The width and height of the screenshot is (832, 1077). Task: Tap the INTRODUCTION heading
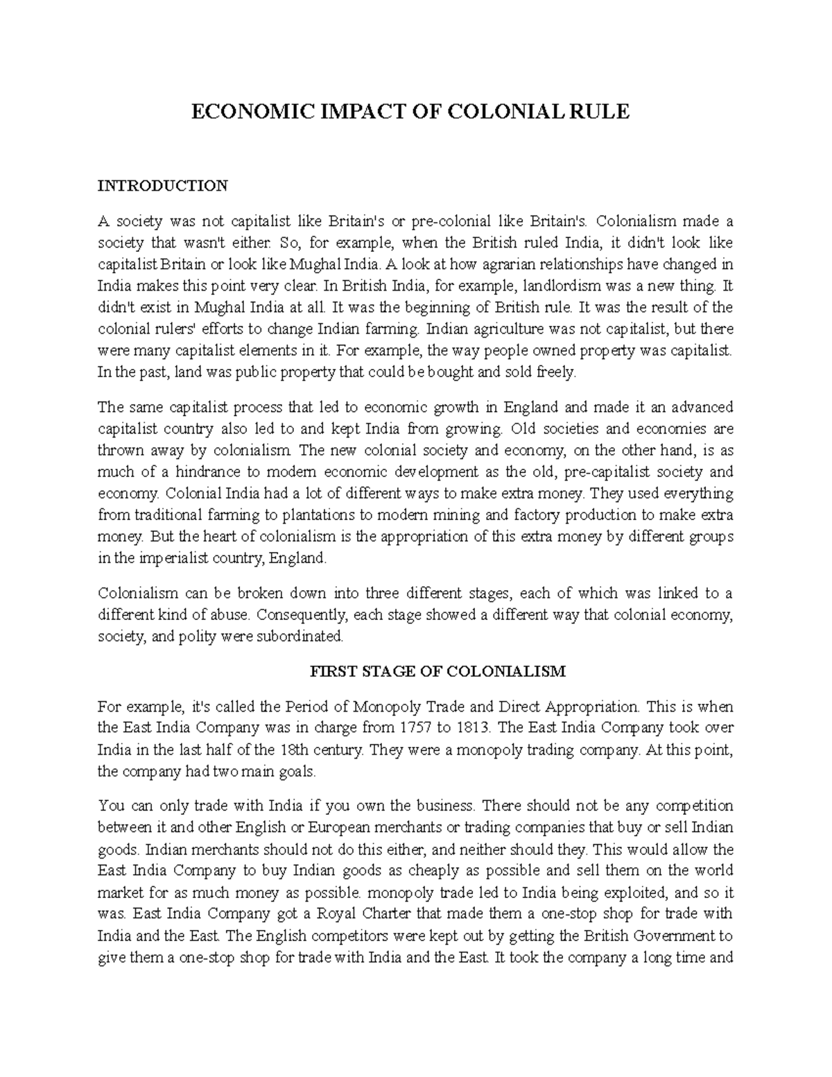coord(162,186)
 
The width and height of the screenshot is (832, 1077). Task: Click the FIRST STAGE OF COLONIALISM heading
coord(437,671)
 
